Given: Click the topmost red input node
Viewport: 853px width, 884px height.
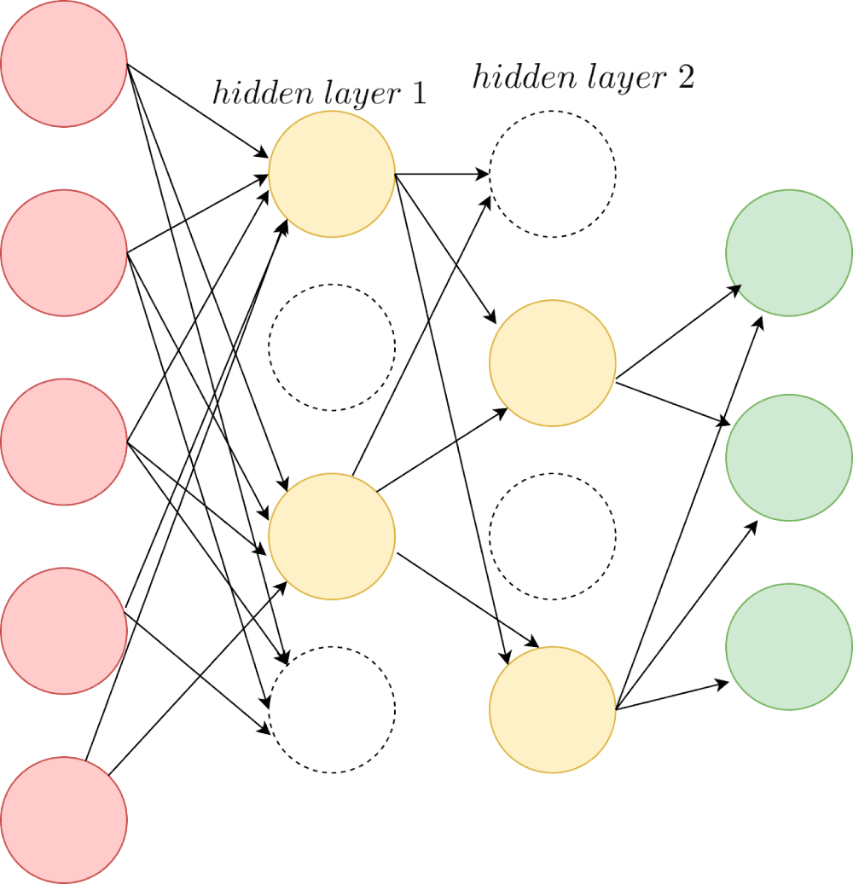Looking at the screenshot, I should coord(64,64).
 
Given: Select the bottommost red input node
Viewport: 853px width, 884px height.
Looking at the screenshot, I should coord(64,819).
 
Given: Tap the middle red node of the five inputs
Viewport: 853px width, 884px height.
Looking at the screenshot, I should coord(64,442).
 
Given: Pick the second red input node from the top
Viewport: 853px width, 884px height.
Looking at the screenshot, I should coord(64,252).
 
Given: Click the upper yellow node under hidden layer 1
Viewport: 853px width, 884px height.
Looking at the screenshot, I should coord(332,174).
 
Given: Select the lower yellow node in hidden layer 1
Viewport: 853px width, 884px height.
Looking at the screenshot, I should coord(332,536).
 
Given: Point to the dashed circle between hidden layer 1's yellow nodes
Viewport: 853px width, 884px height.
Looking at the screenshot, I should coord(332,347).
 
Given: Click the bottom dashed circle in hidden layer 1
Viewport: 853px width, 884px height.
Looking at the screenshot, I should coord(332,709).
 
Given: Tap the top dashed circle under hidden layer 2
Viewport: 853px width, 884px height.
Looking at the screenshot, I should coord(553,174).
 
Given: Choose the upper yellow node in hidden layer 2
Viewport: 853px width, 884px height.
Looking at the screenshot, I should coord(553,363).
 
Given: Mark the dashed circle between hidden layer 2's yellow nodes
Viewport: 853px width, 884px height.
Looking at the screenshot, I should coord(553,536).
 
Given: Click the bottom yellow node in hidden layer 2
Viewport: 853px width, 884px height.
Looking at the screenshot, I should coord(553,709).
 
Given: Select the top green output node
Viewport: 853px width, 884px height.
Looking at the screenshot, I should coord(789,252).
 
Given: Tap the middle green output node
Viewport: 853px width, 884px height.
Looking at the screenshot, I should coord(789,458).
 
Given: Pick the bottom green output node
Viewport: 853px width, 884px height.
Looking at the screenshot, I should coord(789,646).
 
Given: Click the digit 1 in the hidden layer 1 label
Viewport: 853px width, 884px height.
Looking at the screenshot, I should coord(418,94).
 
